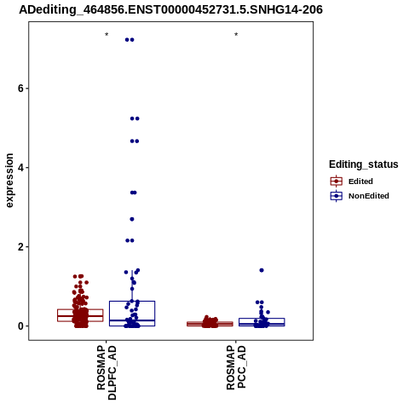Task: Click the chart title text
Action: (x=170, y=9)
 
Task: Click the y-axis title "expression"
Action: (x=9, y=181)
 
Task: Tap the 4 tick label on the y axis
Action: (x=20, y=168)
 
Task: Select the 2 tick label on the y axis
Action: (x=20, y=247)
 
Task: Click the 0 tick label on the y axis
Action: (x=20, y=326)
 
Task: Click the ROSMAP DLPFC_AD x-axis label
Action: (x=107, y=372)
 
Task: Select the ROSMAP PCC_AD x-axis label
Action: (x=236, y=367)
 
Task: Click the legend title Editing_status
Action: (x=364, y=164)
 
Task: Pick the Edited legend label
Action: (x=360, y=181)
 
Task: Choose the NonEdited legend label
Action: (x=369, y=196)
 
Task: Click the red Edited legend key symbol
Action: (x=337, y=181)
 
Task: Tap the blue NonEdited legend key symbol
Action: (x=337, y=196)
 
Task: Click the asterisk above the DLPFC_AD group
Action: (x=107, y=35)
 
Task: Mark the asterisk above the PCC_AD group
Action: (x=236, y=35)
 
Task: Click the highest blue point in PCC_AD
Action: (x=262, y=270)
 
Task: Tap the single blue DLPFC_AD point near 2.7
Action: (x=132, y=219)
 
